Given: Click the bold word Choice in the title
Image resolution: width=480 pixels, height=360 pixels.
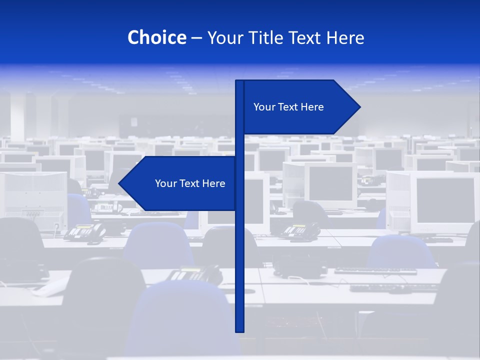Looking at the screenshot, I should tap(156, 37).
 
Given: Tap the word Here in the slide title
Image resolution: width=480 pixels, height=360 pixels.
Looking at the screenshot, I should tap(345, 37).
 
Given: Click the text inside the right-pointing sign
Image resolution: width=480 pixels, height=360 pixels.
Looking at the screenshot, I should tap(288, 107).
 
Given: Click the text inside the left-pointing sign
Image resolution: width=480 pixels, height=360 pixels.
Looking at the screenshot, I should tap(190, 183).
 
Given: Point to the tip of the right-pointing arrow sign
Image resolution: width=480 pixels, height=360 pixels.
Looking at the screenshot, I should tap(359, 107).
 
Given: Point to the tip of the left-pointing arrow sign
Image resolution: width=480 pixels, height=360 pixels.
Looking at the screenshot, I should tap(119, 183).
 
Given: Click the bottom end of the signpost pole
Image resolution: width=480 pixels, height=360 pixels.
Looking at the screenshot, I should tap(240, 330).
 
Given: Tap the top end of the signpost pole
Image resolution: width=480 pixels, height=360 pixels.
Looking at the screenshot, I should tap(240, 81).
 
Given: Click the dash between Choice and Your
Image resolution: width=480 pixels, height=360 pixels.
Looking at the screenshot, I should tap(196, 38).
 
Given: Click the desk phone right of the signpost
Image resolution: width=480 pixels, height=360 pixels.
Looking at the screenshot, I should tap(300, 231).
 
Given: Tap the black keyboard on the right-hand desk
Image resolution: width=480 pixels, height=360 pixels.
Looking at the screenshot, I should tap(375, 271).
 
